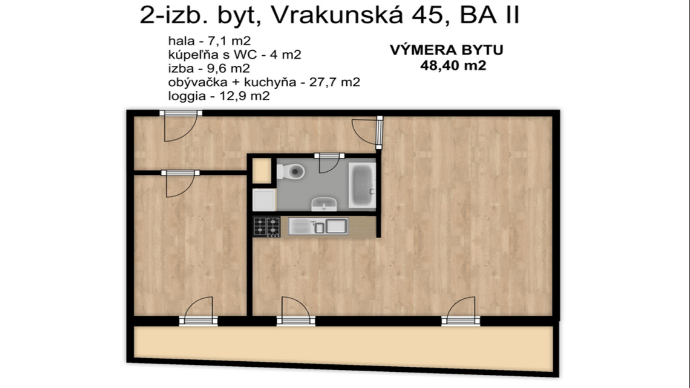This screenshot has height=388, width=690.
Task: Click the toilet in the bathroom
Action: click(292, 172)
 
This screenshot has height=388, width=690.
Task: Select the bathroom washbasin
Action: click(324, 204)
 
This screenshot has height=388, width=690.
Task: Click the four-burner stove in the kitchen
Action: click(267, 227)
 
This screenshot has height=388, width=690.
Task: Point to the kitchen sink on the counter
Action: click(318, 226)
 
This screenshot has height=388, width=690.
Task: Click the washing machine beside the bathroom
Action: click(264, 200)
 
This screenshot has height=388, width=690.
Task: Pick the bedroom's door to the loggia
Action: click(198, 311)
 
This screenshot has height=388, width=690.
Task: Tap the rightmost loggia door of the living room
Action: click(461, 311)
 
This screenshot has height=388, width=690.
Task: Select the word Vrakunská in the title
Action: click(337, 15)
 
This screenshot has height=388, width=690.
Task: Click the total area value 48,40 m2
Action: click(453, 66)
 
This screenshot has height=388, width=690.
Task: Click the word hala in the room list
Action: click(181, 41)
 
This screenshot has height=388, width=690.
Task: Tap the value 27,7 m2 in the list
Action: click(334, 82)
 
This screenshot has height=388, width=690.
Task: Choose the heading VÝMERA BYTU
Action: click(446, 50)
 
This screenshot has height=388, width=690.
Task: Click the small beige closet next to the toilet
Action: click(262, 171)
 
